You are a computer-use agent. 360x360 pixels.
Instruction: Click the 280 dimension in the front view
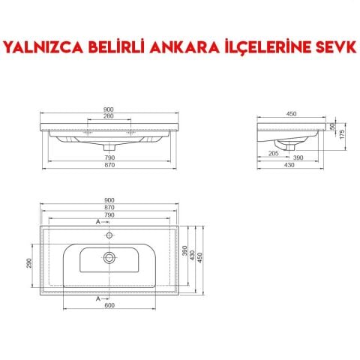(x=109, y=116)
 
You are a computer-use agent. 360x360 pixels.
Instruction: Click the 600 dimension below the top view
(x=109, y=304)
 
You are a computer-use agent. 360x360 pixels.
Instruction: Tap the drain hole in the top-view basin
(x=110, y=257)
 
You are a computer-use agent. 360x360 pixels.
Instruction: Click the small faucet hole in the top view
(x=110, y=235)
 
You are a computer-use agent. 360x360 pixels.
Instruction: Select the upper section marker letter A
(x=97, y=224)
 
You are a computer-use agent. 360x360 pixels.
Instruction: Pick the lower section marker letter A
(x=97, y=298)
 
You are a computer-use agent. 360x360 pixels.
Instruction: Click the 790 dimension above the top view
(x=109, y=215)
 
